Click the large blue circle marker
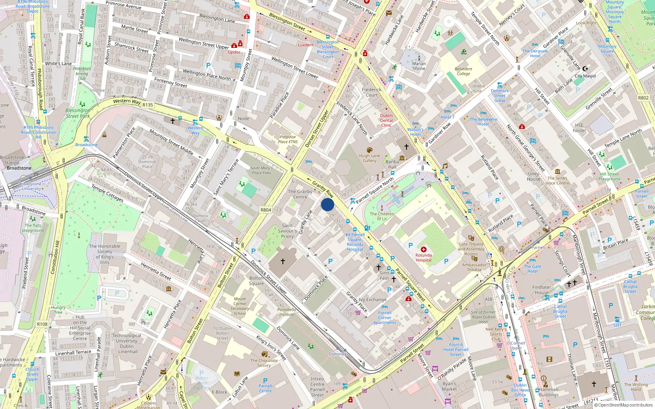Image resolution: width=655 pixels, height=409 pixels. coord(327,204)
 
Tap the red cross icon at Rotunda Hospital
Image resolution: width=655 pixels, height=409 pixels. coord(424,249)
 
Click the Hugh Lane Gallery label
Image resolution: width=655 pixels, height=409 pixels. coord(369,158)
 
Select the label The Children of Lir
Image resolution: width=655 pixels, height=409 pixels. coord(382,216)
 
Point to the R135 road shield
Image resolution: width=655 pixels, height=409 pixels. coord(147,105)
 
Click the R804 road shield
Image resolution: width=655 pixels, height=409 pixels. coord(266,210)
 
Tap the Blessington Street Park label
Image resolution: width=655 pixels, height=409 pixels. coord(78,113)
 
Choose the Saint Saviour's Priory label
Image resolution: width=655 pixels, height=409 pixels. coord(287,231)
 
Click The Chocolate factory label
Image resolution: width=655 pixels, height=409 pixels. coord(264,363)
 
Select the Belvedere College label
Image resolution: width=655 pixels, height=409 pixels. coord(463,72)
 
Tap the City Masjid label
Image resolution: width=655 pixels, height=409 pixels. coord(585,76)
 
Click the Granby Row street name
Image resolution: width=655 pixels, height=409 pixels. coord(323,189)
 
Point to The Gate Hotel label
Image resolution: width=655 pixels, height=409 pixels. coord(533,269)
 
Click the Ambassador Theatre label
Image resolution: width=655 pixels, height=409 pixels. coord(474,267)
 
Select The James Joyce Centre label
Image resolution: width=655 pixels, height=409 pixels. coord(558,180)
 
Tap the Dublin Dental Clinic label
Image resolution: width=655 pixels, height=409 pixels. coord(386,120)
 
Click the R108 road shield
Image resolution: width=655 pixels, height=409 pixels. coord(42,324)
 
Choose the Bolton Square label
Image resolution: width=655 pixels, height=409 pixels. coord(257,281)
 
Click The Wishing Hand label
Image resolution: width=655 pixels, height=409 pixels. coord(636,387)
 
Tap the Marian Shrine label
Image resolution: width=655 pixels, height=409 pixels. coord(419,66)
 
